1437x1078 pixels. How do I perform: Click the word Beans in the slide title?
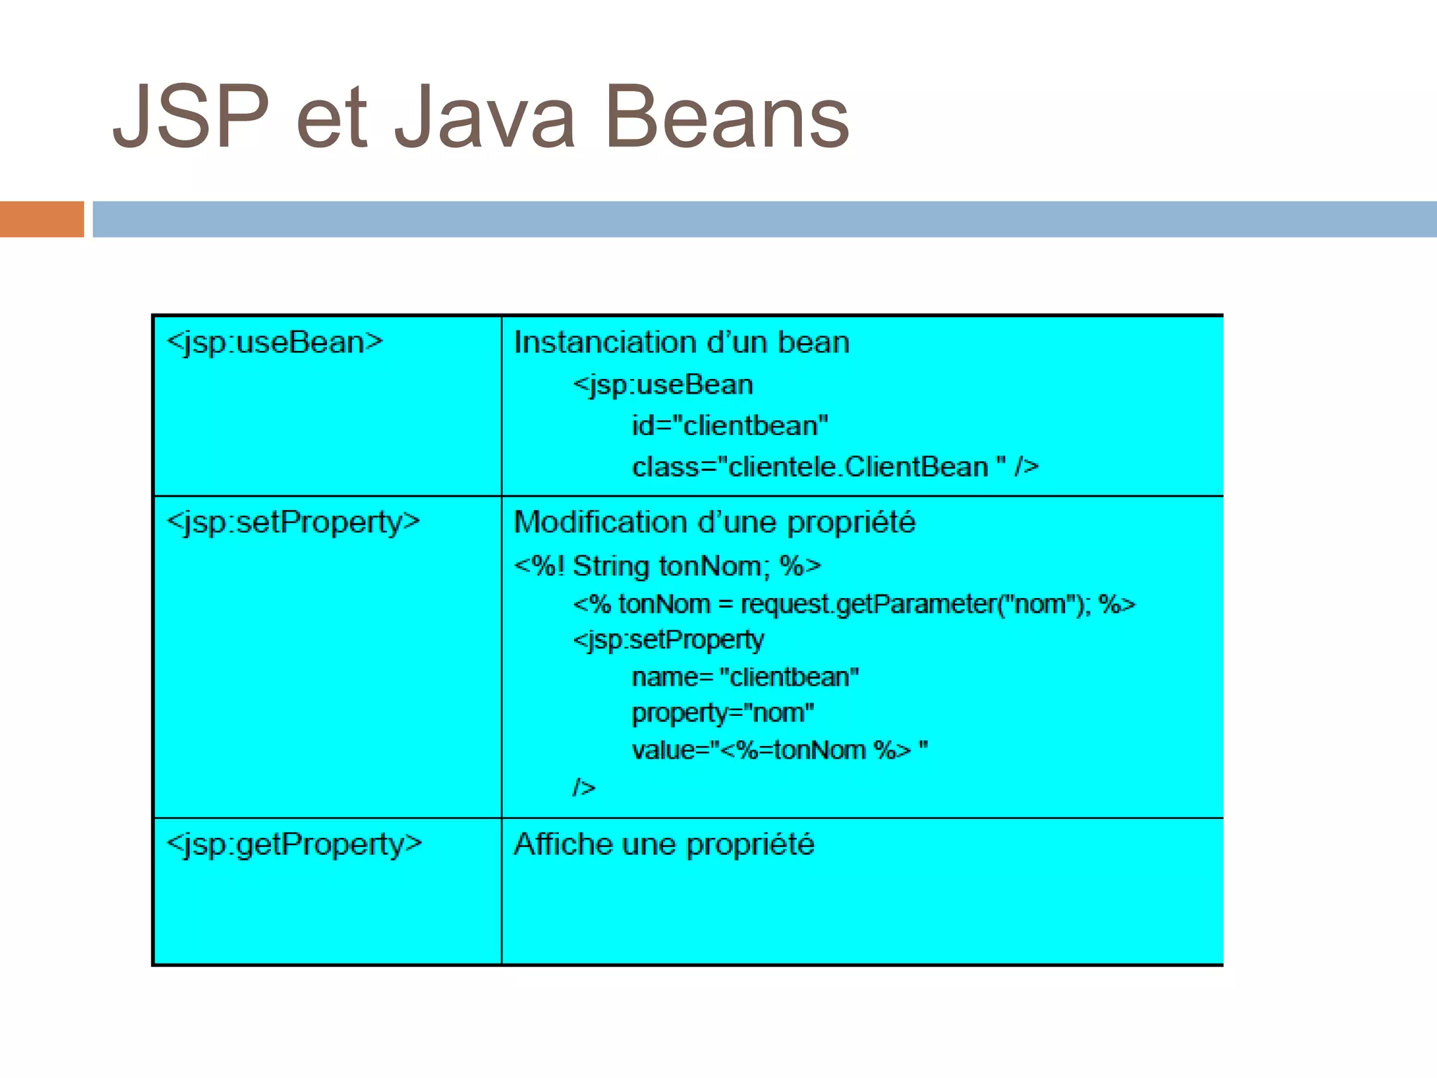coord(726,118)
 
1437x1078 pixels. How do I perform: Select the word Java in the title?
coord(484,118)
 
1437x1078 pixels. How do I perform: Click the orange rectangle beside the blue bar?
coord(41,219)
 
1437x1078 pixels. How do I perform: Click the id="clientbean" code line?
coord(730,426)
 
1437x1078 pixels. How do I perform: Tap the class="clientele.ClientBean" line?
coord(835,467)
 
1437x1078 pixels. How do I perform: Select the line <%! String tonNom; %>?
coord(667,566)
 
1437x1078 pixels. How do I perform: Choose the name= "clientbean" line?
coord(745,677)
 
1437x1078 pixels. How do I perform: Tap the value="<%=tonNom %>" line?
coord(779,750)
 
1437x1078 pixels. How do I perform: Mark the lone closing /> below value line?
coord(584,787)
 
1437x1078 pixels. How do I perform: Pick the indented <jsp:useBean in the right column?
coord(663,385)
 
